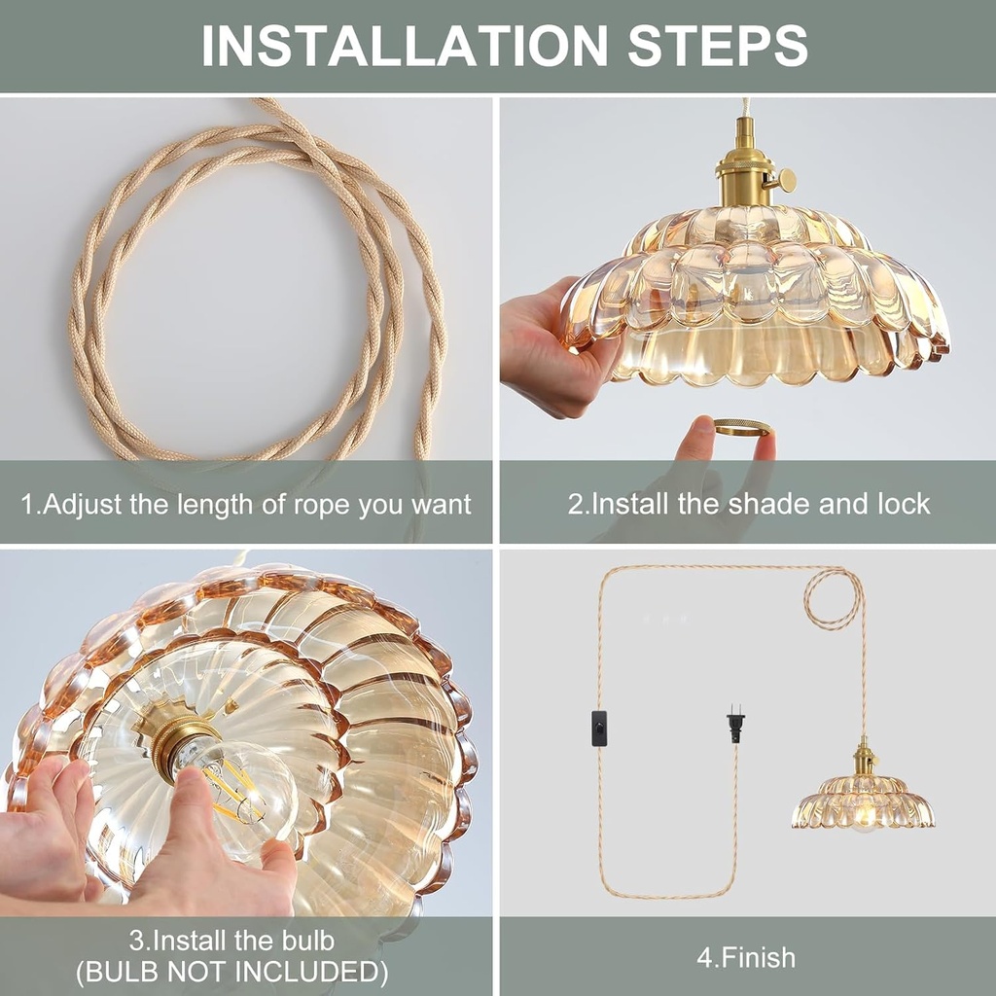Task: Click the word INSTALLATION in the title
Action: (x=405, y=45)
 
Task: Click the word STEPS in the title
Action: (x=718, y=45)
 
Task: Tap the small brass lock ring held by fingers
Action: (x=741, y=427)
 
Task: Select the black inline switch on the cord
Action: (x=599, y=728)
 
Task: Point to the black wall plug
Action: (x=735, y=725)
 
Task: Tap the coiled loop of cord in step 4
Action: (x=834, y=596)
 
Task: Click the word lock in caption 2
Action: (x=904, y=504)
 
